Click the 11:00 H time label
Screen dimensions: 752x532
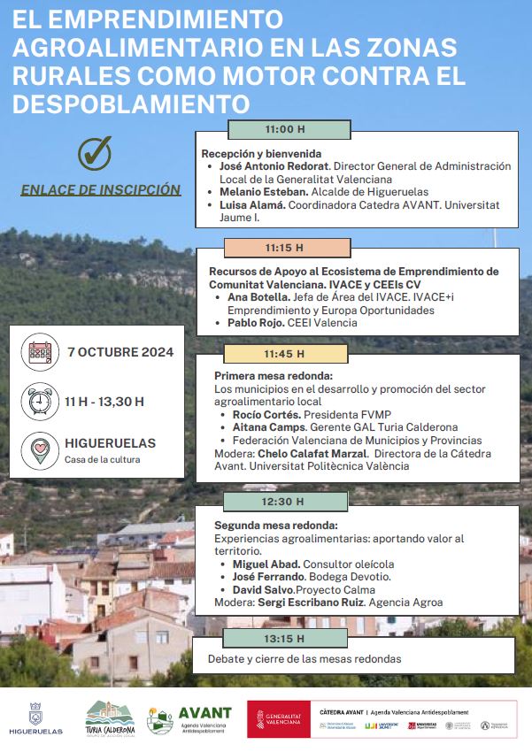(x=284, y=129)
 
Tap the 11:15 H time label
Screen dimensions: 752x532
(x=284, y=248)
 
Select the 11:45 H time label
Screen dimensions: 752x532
(x=284, y=354)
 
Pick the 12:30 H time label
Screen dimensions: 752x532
(x=284, y=502)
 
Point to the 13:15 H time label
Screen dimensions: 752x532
(x=284, y=638)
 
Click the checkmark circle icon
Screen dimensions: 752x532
(x=94, y=153)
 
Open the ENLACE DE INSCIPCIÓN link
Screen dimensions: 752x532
(x=101, y=189)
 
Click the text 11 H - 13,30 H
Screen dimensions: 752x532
(x=104, y=402)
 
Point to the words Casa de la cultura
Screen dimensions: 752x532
(x=103, y=459)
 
